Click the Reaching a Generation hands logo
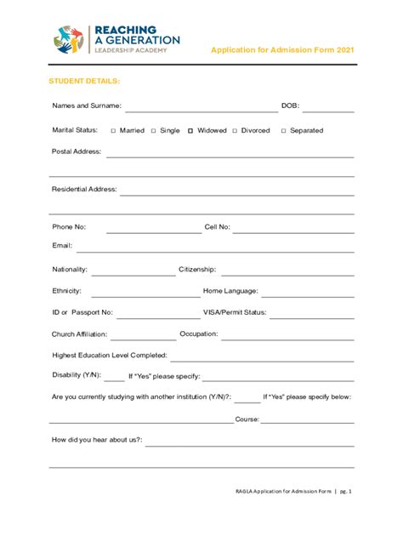69,39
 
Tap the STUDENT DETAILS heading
83,81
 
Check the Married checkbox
113,131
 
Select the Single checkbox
154,131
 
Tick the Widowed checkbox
190,131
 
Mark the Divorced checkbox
235,131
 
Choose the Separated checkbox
283,131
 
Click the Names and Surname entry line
201,111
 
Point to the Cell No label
217,227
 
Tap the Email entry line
214,251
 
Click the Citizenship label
197,269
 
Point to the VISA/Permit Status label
235,312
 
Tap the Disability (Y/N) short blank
114,379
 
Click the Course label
247,419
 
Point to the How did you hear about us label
97,440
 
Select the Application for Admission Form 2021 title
281,50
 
